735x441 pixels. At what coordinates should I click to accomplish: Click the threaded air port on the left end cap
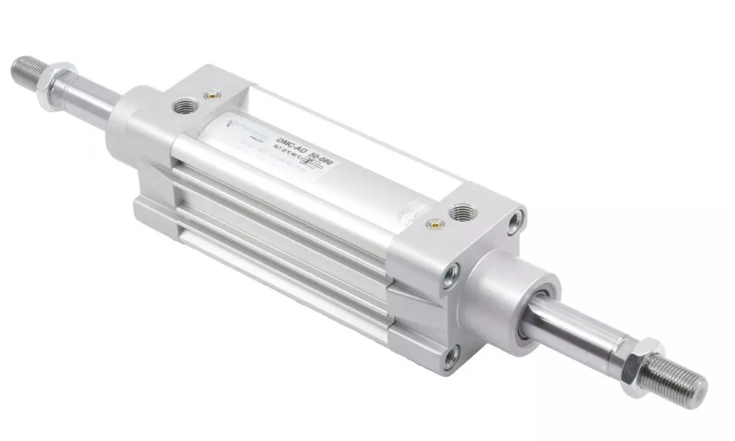(x=185, y=106)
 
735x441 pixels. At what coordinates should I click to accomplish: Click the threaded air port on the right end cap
(x=460, y=213)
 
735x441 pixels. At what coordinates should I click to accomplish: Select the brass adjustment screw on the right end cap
(x=432, y=225)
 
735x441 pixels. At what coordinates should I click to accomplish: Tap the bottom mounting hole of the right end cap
(x=450, y=358)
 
